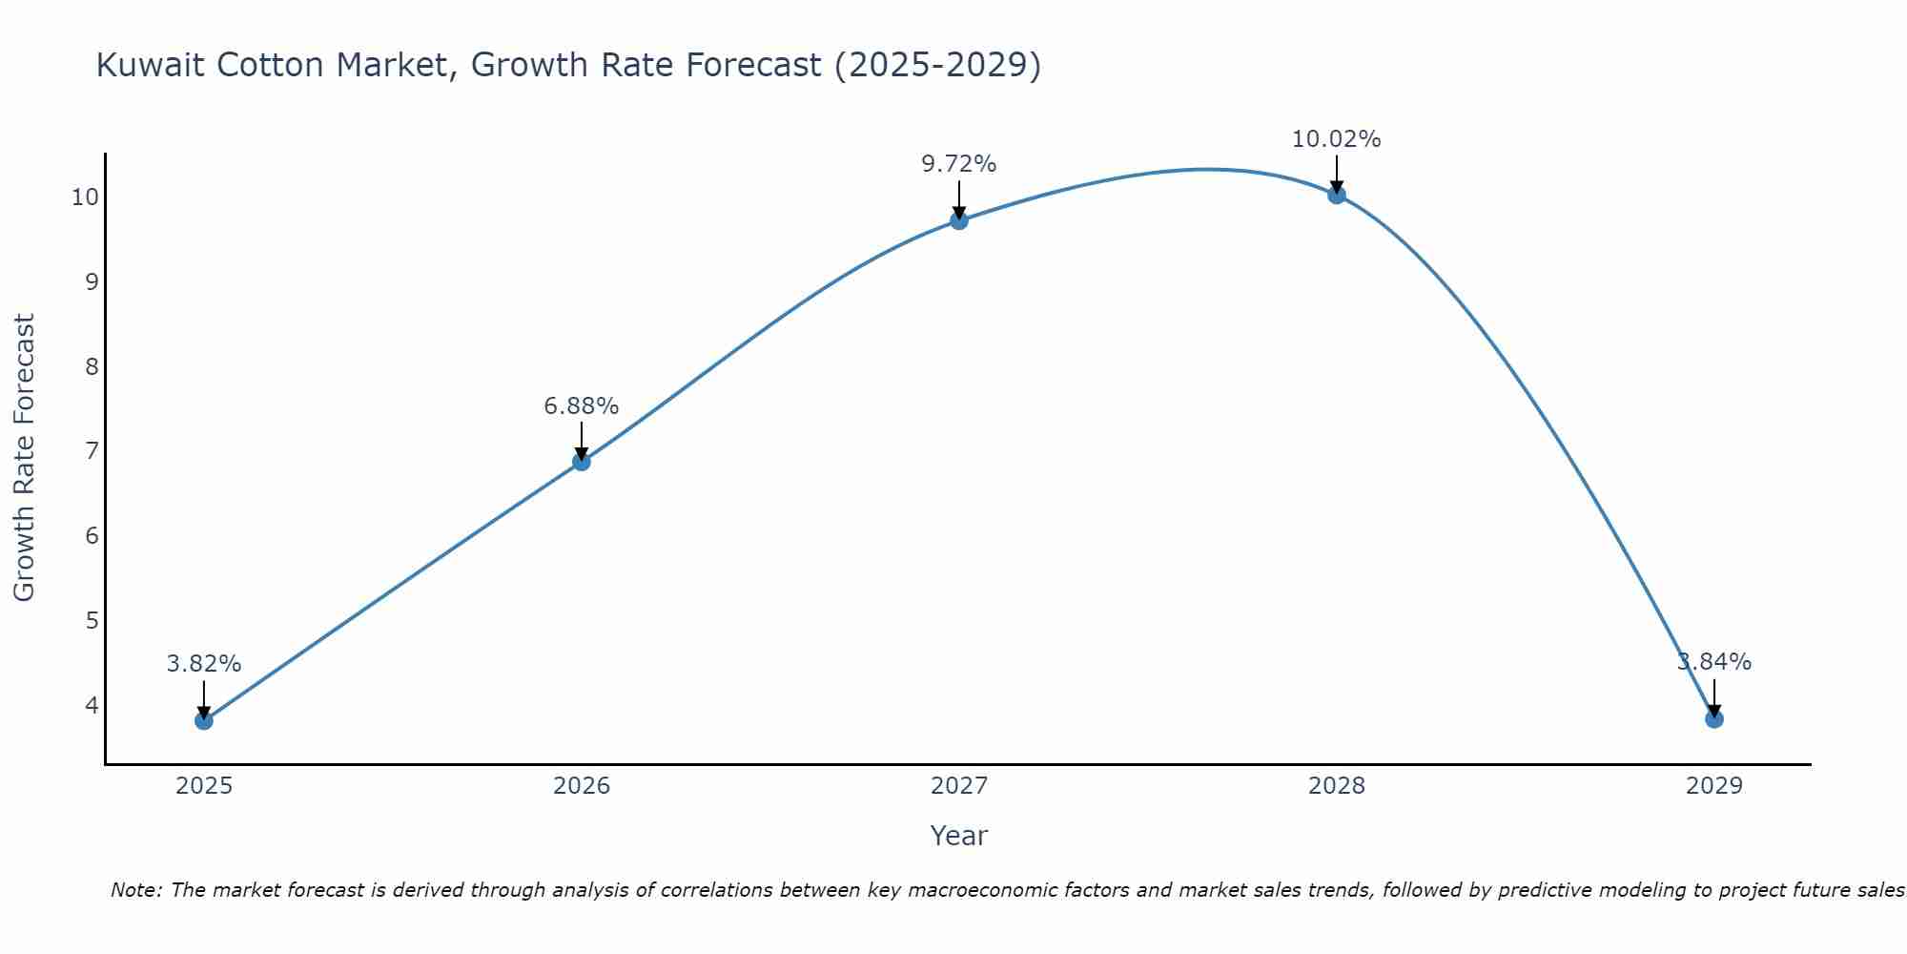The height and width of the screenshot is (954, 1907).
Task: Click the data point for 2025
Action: [204, 720]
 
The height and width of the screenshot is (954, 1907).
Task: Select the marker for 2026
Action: [582, 462]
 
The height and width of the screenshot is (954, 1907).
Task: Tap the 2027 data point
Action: [959, 220]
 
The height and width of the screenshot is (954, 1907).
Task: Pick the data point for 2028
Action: [1337, 195]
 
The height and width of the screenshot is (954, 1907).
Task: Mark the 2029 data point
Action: [1714, 718]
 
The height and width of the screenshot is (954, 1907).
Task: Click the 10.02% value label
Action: [1336, 139]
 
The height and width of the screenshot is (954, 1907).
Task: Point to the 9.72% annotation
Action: [958, 164]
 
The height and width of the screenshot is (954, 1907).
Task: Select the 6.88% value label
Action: [581, 406]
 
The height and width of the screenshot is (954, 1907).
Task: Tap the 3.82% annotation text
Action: [203, 664]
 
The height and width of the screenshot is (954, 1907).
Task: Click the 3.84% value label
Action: [1714, 662]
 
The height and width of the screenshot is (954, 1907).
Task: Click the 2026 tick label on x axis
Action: [582, 786]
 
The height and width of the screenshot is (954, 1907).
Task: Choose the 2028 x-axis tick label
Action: [1337, 786]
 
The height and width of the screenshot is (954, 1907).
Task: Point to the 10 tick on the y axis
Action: [85, 197]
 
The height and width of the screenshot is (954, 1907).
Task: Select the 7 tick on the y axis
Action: [92, 451]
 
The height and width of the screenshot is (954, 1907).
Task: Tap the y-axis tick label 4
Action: [92, 705]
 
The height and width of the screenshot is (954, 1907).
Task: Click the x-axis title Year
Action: [958, 836]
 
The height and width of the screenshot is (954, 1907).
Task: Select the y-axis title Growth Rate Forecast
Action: [24, 457]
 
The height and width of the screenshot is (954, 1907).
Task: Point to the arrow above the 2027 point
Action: [959, 200]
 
